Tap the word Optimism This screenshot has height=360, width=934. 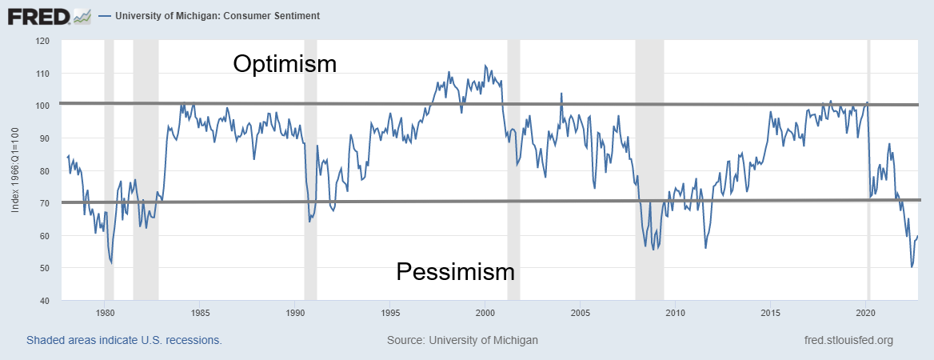click(x=285, y=64)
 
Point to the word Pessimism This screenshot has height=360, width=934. click(x=455, y=271)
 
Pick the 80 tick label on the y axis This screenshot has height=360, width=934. click(x=45, y=170)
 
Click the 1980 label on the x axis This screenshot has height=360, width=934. click(x=104, y=312)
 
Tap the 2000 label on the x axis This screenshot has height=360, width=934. click(x=485, y=312)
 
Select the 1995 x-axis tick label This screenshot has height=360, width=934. click(x=390, y=312)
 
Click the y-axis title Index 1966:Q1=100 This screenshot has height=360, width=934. click(x=16, y=170)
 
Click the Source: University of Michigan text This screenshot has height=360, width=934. click(x=462, y=340)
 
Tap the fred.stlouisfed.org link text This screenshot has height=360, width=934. click(x=848, y=340)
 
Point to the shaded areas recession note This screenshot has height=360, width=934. click(x=124, y=340)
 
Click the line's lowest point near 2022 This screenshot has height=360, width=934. click(x=912, y=267)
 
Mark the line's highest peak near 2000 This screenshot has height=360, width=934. click(x=485, y=66)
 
